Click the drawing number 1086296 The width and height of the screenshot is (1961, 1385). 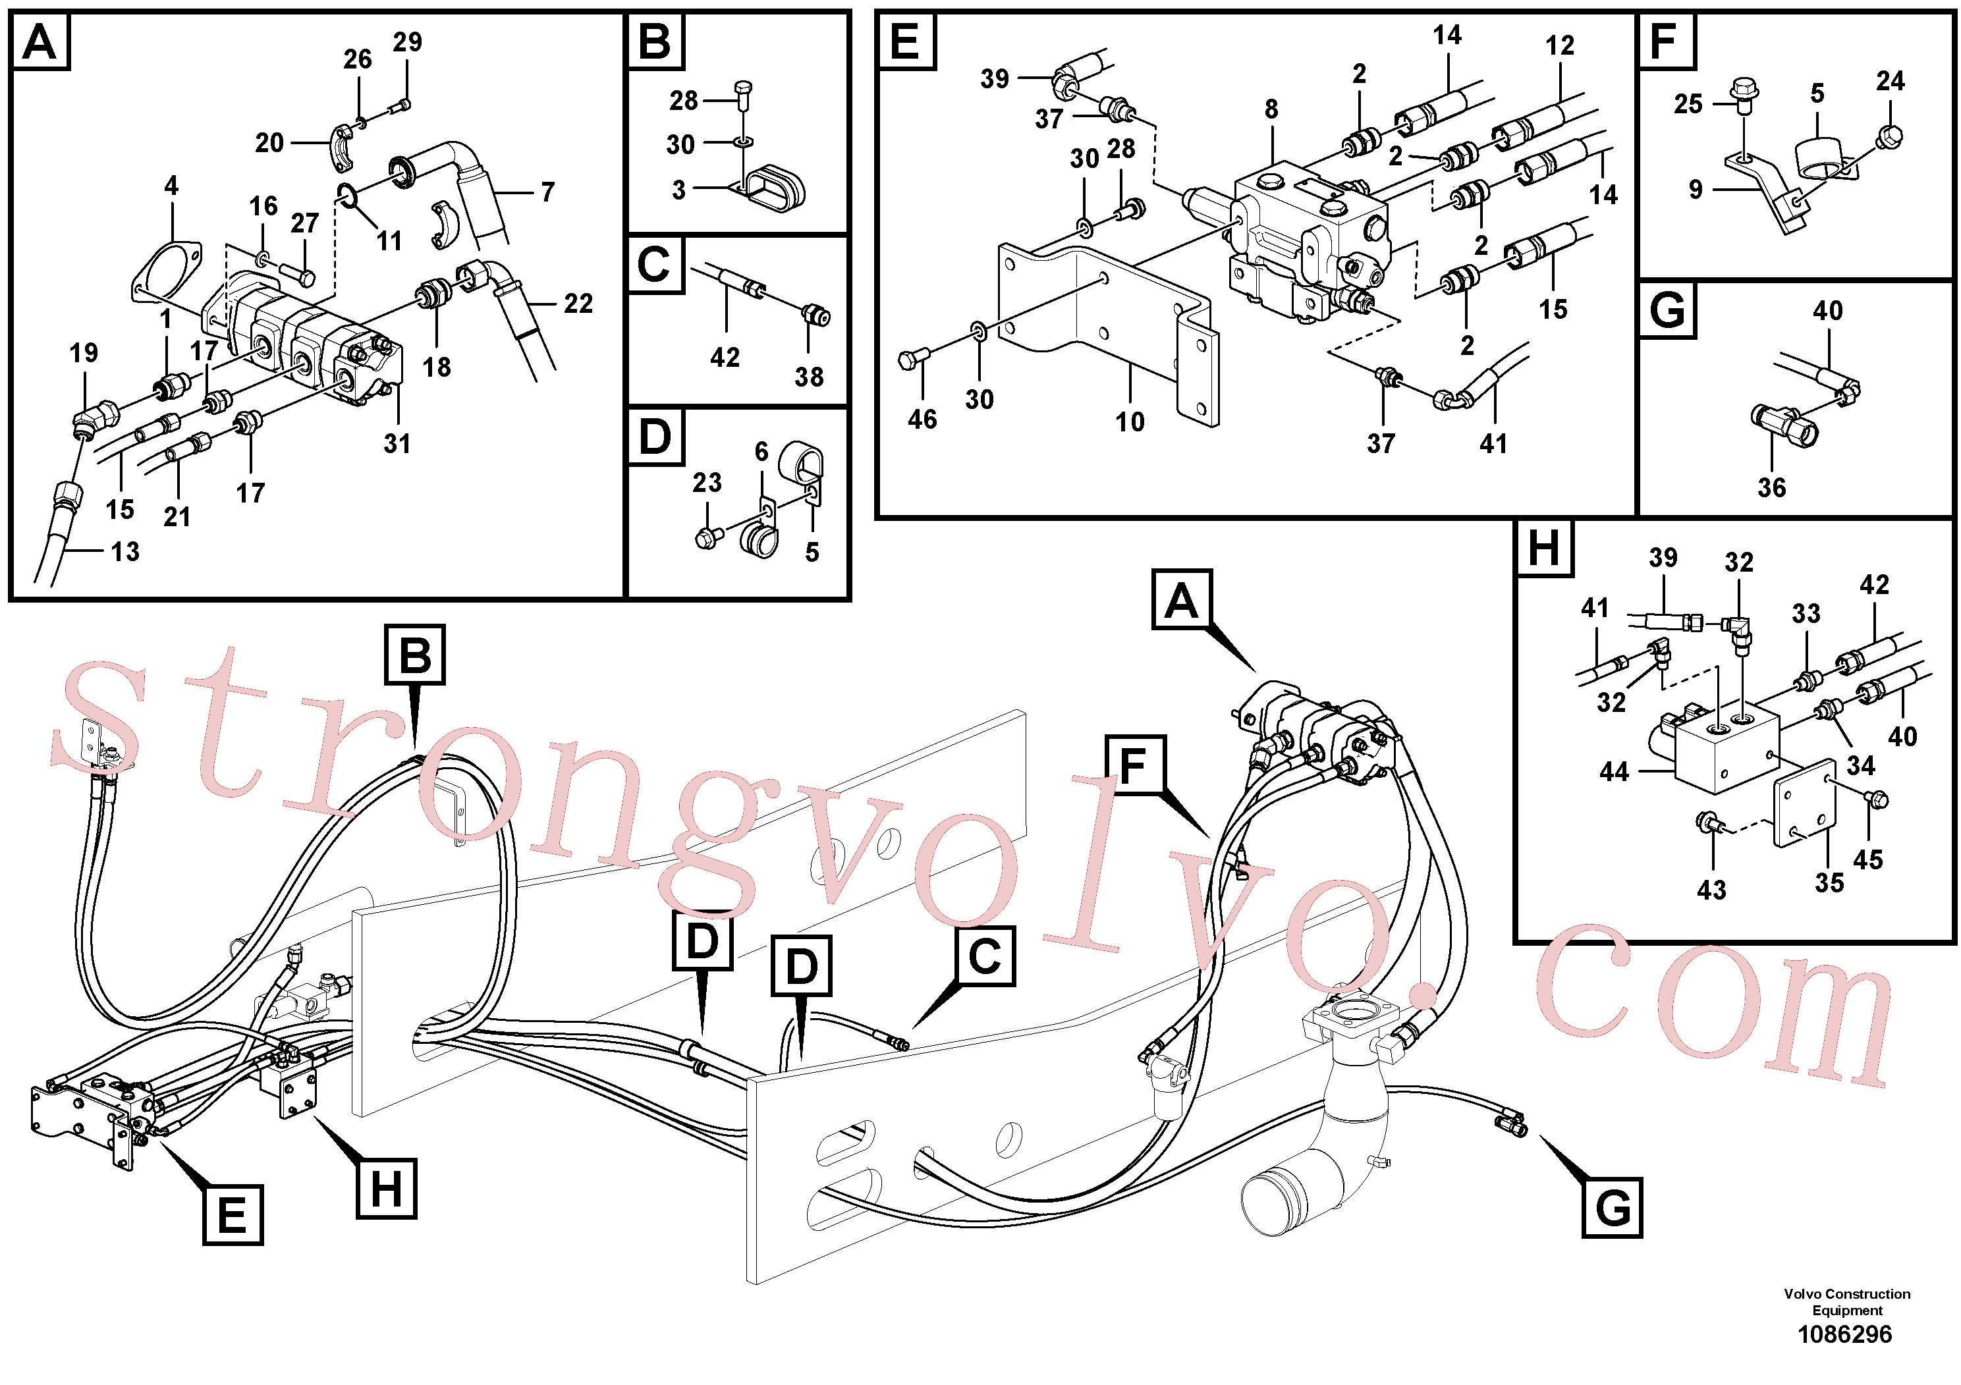click(1845, 1335)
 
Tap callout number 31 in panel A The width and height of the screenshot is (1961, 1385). click(397, 444)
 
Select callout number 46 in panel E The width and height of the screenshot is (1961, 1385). click(922, 420)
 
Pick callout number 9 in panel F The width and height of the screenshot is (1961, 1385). click(1696, 190)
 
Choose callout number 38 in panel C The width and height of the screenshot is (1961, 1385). click(810, 377)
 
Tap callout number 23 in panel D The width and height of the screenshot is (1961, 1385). click(707, 483)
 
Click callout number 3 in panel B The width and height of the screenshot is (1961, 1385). click(679, 190)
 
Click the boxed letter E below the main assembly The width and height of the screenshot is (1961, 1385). click(233, 1214)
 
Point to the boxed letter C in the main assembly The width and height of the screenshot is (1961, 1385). click(985, 956)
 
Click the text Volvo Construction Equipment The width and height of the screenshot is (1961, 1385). click(1846, 1302)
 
